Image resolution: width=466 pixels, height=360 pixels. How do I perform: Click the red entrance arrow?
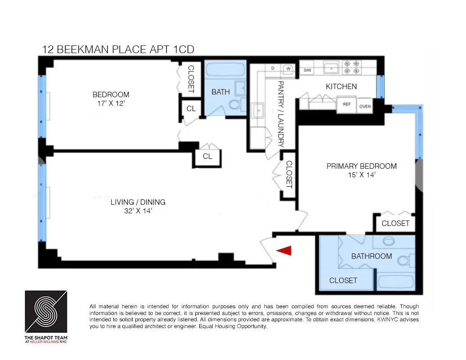[x=285, y=251]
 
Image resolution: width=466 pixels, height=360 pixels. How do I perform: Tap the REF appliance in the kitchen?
[x=346, y=105]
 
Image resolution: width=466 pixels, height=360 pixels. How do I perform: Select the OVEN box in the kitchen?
[x=365, y=106]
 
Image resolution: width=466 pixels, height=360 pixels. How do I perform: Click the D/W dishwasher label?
[x=307, y=70]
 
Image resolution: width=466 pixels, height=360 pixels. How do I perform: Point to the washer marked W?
[x=288, y=69]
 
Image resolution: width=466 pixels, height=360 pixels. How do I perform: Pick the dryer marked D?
[x=273, y=68]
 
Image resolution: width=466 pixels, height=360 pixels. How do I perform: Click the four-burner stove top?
[x=352, y=67]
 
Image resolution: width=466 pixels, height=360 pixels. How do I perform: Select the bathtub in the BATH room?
[x=225, y=70]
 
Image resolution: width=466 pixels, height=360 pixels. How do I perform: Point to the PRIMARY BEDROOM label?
[x=361, y=166]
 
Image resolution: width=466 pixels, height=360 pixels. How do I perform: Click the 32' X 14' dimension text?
[x=138, y=211]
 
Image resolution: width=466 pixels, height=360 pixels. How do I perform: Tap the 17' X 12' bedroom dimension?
[x=111, y=103]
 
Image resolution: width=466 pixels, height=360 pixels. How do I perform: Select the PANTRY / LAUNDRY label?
[x=281, y=114]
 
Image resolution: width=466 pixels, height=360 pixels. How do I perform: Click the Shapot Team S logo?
[x=46, y=311]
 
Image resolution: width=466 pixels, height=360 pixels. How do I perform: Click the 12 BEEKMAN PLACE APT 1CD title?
[x=118, y=49]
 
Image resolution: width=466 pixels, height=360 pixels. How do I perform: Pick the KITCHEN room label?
[x=341, y=86]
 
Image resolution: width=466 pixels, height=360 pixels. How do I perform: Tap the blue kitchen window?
[x=381, y=86]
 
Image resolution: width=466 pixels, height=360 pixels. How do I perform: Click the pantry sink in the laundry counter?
[x=258, y=111]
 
